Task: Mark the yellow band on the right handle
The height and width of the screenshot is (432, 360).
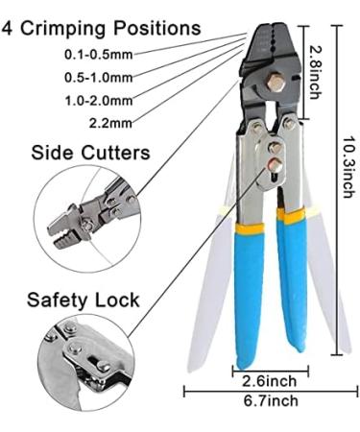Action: click(x=293, y=216)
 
